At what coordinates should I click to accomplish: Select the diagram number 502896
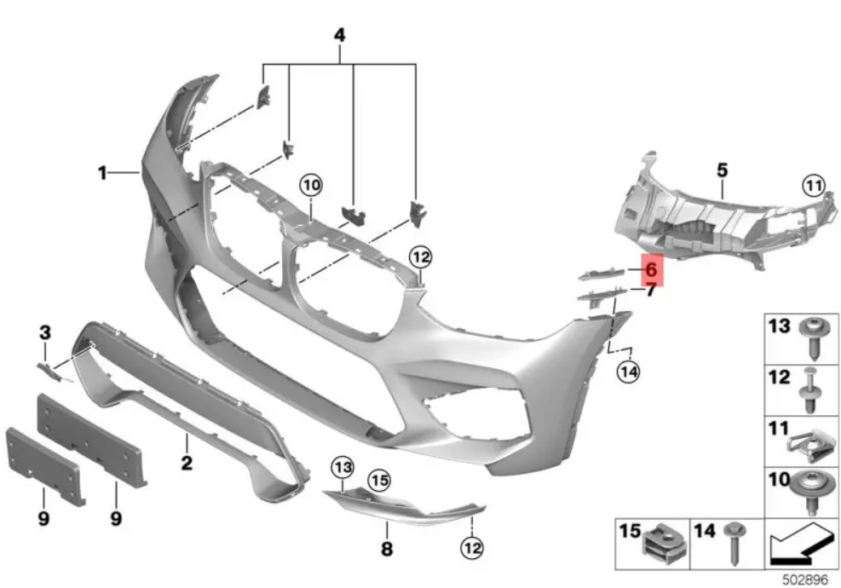804,580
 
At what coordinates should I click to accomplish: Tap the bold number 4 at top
339,36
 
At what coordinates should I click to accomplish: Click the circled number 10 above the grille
311,186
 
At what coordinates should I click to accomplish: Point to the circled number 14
629,372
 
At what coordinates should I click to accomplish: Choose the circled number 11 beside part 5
814,187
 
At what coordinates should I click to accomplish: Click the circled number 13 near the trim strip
343,467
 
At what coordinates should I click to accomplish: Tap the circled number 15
379,480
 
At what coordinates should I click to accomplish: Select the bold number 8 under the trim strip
387,548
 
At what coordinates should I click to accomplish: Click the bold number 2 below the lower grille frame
187,462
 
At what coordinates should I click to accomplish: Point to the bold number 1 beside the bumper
102,173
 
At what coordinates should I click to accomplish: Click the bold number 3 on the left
45,332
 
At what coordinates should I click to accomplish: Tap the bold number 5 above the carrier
723,170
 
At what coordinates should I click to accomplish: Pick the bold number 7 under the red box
651,291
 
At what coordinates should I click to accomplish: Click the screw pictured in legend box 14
733,544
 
